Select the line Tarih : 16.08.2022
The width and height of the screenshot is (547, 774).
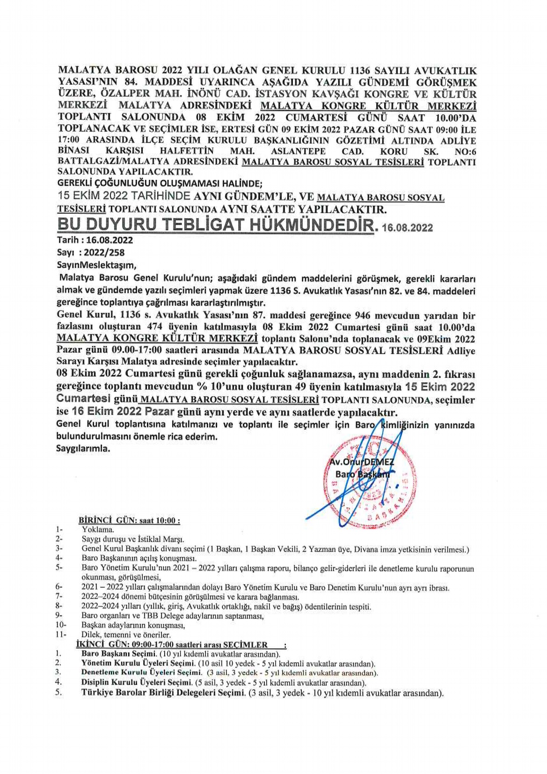(x=95, y=240)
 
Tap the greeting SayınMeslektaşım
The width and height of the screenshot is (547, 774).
(x=96, y=265)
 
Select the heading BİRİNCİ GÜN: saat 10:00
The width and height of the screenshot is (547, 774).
(x=130, y=520)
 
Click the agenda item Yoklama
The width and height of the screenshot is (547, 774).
(x=98, y=530)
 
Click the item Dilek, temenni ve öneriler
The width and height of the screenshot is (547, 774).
(x=126, y=635)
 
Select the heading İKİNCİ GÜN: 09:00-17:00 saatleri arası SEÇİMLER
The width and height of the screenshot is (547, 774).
(x=172, y=644)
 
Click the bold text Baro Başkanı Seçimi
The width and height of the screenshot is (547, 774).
(x=118, y=654)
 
